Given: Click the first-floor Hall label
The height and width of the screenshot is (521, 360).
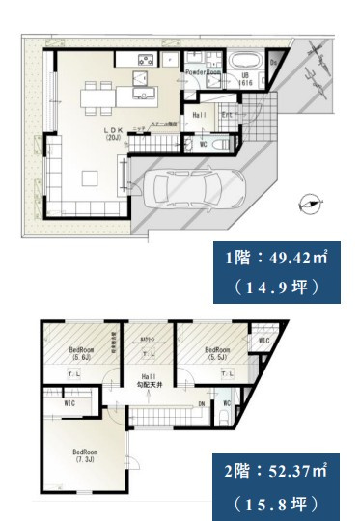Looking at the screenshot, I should pos(200,115).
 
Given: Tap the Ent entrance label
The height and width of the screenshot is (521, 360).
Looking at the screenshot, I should pos(228,115).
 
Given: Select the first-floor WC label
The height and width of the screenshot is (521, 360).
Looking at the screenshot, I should pos(203,145).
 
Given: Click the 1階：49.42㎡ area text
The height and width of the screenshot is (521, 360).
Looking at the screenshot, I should pos(276,260).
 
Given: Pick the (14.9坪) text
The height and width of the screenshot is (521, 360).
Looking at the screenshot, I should pos(276,286).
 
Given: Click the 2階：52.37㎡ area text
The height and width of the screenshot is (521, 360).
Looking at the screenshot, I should pos(276,473).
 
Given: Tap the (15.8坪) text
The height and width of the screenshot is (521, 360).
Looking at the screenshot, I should pos(276,502).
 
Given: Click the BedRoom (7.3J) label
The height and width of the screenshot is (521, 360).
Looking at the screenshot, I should pos(86,454).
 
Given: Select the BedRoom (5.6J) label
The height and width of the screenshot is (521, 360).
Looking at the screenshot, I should pos(79,354).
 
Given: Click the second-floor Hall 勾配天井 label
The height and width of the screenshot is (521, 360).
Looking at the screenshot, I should pos(149,381).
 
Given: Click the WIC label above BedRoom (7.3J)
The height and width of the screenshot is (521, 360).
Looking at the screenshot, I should pos(68,405).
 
